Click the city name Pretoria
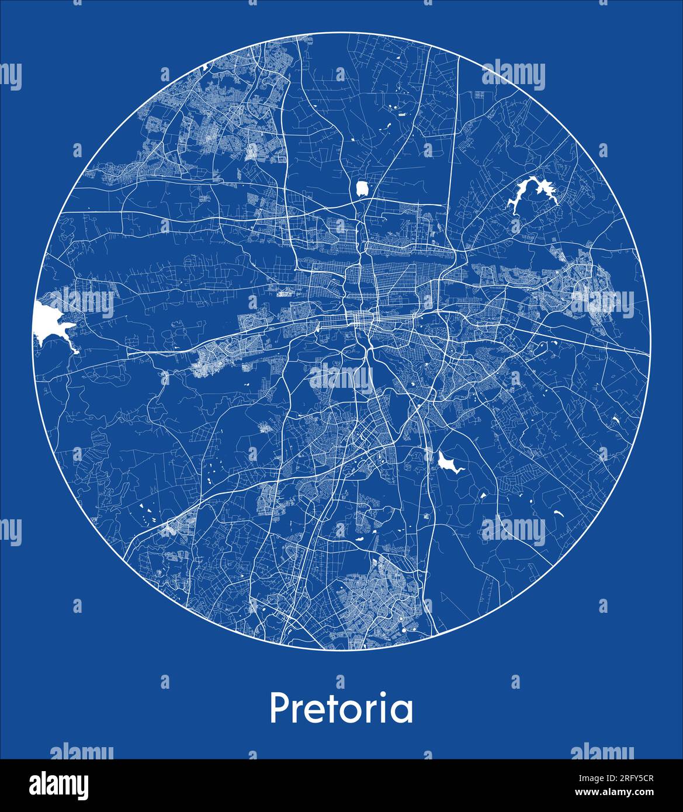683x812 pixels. pos(341,709)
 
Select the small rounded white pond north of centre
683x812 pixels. pos(363,188)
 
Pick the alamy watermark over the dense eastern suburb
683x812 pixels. pos(602,303)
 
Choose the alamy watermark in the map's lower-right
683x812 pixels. pos(514,531)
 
